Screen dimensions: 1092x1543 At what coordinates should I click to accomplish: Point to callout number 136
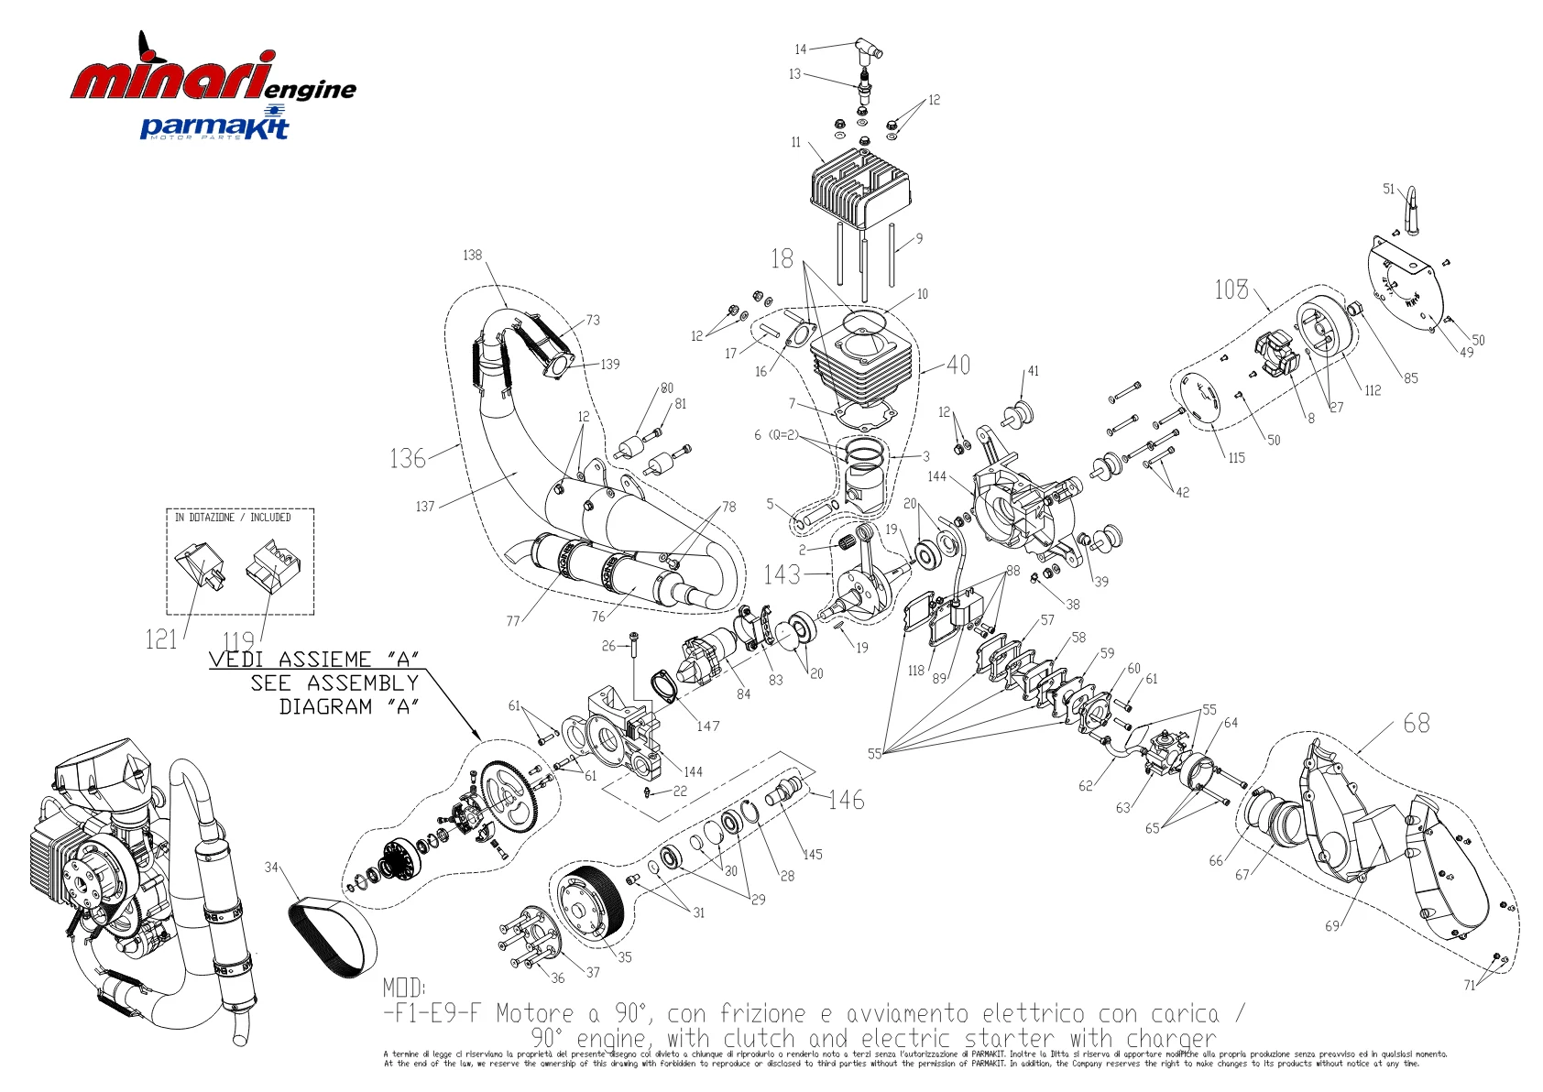pos(408,457)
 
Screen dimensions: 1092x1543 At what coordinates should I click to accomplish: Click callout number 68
pos(1416,724)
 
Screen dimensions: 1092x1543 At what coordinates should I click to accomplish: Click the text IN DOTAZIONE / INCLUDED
pos(233,518)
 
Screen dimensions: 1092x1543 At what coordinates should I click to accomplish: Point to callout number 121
pos(160,639)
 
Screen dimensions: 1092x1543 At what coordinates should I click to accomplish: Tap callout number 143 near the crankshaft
pos(782,574)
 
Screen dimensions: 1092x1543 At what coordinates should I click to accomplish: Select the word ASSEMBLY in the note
pos(362,683)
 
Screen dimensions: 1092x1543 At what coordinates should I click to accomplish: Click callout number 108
pos(1231,289)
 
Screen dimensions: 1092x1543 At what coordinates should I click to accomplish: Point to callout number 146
pos(846,800)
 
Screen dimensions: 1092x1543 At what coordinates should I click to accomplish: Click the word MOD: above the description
pos(404,988)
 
